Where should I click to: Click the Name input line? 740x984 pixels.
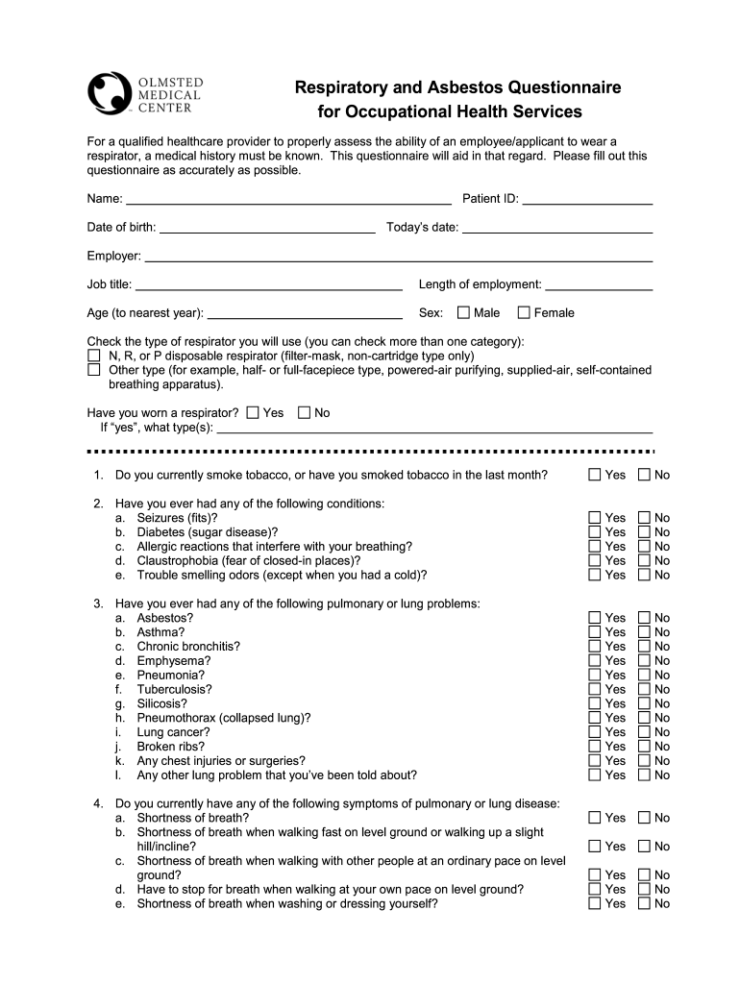[288, 200]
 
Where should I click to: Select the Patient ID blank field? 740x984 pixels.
[587, 200]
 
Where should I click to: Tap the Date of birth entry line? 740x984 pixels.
[267, 229]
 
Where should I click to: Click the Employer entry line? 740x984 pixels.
[398, 257]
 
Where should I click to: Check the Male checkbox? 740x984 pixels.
[464, 312]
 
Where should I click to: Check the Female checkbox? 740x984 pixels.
[524, 312]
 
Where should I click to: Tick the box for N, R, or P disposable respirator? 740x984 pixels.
[94, 356]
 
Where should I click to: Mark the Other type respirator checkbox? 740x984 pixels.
[94, 370]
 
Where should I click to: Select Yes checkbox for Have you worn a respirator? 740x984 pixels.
[253, 412]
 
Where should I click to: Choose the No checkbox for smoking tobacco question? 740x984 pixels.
[644, 475]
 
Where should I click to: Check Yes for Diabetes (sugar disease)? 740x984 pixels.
[595, 531]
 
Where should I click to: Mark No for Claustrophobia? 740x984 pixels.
[644, 560]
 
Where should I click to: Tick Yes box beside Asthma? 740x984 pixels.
[595, 632]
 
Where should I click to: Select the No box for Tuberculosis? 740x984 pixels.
[644, 689]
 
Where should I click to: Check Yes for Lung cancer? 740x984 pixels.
[595, 732]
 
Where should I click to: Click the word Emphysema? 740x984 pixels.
[173, 661]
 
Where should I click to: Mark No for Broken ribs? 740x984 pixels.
[644, 747]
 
